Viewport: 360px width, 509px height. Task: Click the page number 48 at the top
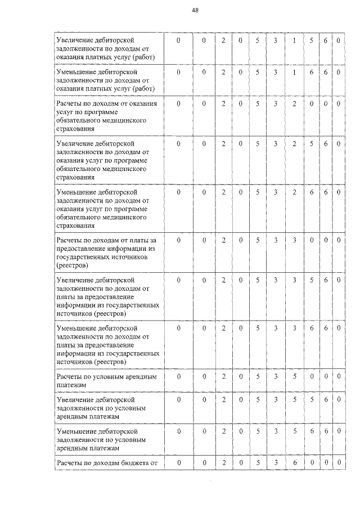195,10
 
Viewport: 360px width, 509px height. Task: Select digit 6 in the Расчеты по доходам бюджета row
294,463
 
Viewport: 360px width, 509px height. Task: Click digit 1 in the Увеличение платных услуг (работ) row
294,41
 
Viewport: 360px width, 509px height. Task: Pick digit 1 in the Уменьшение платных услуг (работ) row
294,73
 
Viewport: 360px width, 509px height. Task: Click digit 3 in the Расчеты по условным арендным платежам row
276,376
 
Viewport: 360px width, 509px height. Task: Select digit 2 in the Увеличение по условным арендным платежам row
223,399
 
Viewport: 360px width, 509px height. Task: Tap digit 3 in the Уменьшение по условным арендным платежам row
276,431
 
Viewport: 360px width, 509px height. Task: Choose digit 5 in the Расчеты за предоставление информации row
258,240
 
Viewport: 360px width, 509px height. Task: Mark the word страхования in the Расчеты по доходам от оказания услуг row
75,129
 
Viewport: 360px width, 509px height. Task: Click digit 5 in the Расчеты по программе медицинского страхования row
258,104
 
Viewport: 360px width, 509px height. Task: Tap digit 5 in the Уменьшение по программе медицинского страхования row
258,192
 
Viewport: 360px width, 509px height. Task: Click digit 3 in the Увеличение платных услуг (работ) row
276,41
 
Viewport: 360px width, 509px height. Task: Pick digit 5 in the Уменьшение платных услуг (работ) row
258,73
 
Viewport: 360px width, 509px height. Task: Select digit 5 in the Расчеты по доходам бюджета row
258,463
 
